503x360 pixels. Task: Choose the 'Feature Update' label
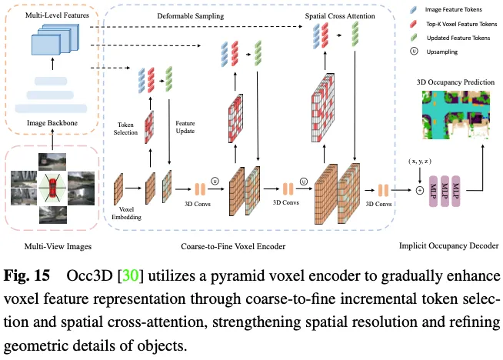tap(185, 128)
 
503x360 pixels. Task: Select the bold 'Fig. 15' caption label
tap(27, 276)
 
